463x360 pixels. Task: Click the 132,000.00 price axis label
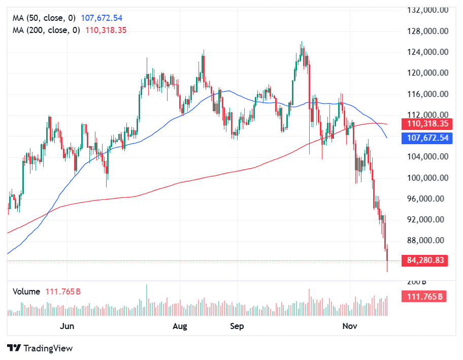pos(429,10)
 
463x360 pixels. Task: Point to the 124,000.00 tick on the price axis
pos(429,52)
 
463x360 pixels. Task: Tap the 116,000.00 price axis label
pos(429,94)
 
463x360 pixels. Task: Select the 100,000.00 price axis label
pos(429,178)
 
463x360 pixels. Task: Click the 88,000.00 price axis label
pos(429,240)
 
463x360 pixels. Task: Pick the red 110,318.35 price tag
pos(426,124)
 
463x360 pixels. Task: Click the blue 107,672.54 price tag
pos(426,138)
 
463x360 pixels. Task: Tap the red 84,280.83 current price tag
pos(426,260)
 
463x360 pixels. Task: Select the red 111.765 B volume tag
pos(424,297)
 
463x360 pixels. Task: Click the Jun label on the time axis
pos(67,326)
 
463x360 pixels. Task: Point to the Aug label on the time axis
pos(180,326)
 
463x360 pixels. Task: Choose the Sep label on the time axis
pos(237,326)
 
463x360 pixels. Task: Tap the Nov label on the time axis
pos(348,326)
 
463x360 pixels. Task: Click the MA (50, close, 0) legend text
pos(44,18)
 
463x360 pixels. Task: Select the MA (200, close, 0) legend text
pos(46,30)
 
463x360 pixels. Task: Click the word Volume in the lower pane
pos(26,291)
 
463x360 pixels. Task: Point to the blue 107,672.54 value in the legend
pos(102,18)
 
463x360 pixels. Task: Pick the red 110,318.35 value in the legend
pos(106,30)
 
